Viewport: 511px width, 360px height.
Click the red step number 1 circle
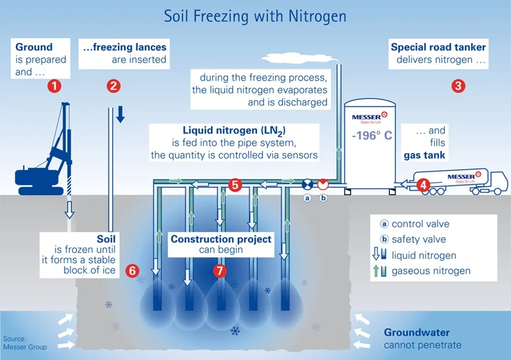click(x=54, y=86)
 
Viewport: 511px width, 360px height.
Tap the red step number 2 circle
click(x=114, y=86)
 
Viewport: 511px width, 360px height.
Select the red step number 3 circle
click(x=458, y=86)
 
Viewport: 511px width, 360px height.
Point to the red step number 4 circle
click(x=424, y=185)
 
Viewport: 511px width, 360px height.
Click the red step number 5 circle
click(x=235, y=185)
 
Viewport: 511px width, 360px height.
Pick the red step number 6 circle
click(x=133, y=270)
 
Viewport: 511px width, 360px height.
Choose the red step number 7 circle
click(x=220, y=270)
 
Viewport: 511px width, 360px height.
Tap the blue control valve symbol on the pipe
click(x=308, y=184)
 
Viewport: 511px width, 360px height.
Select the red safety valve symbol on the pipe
click(x=323, y=184)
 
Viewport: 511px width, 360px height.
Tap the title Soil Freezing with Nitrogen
click(x=256, y=16)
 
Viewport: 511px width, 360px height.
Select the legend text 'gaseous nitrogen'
click(x=431, y=271)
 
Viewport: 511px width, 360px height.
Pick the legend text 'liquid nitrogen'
click(x=424, y=255)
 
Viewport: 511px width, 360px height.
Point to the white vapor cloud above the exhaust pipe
click(x=301, y=57)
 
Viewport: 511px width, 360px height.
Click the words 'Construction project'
click(x=221, y=239)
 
